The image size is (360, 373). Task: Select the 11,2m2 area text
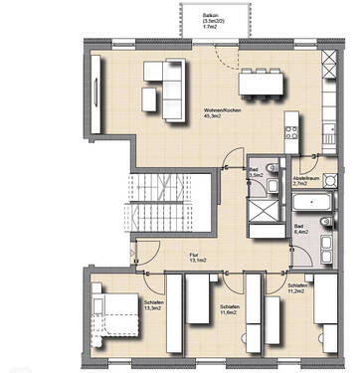coord(296,292)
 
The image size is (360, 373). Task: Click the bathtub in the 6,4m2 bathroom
coord(313,205)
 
